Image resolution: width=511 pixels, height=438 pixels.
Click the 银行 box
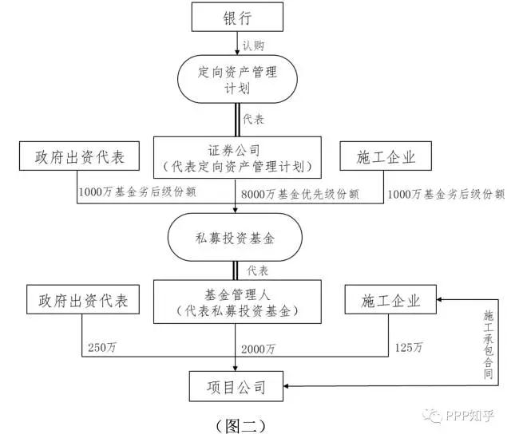[237, 17]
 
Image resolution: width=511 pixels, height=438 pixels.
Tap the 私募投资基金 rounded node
[236, 238]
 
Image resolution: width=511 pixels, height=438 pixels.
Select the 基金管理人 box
[236, 302]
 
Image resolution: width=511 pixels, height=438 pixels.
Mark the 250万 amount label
[101, 349]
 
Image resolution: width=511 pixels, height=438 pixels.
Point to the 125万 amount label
[409, 349]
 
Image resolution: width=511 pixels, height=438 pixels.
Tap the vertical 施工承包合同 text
[489, 344]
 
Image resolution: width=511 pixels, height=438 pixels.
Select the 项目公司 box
[237, 388]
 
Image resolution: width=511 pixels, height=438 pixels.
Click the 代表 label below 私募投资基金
[258, 269]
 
